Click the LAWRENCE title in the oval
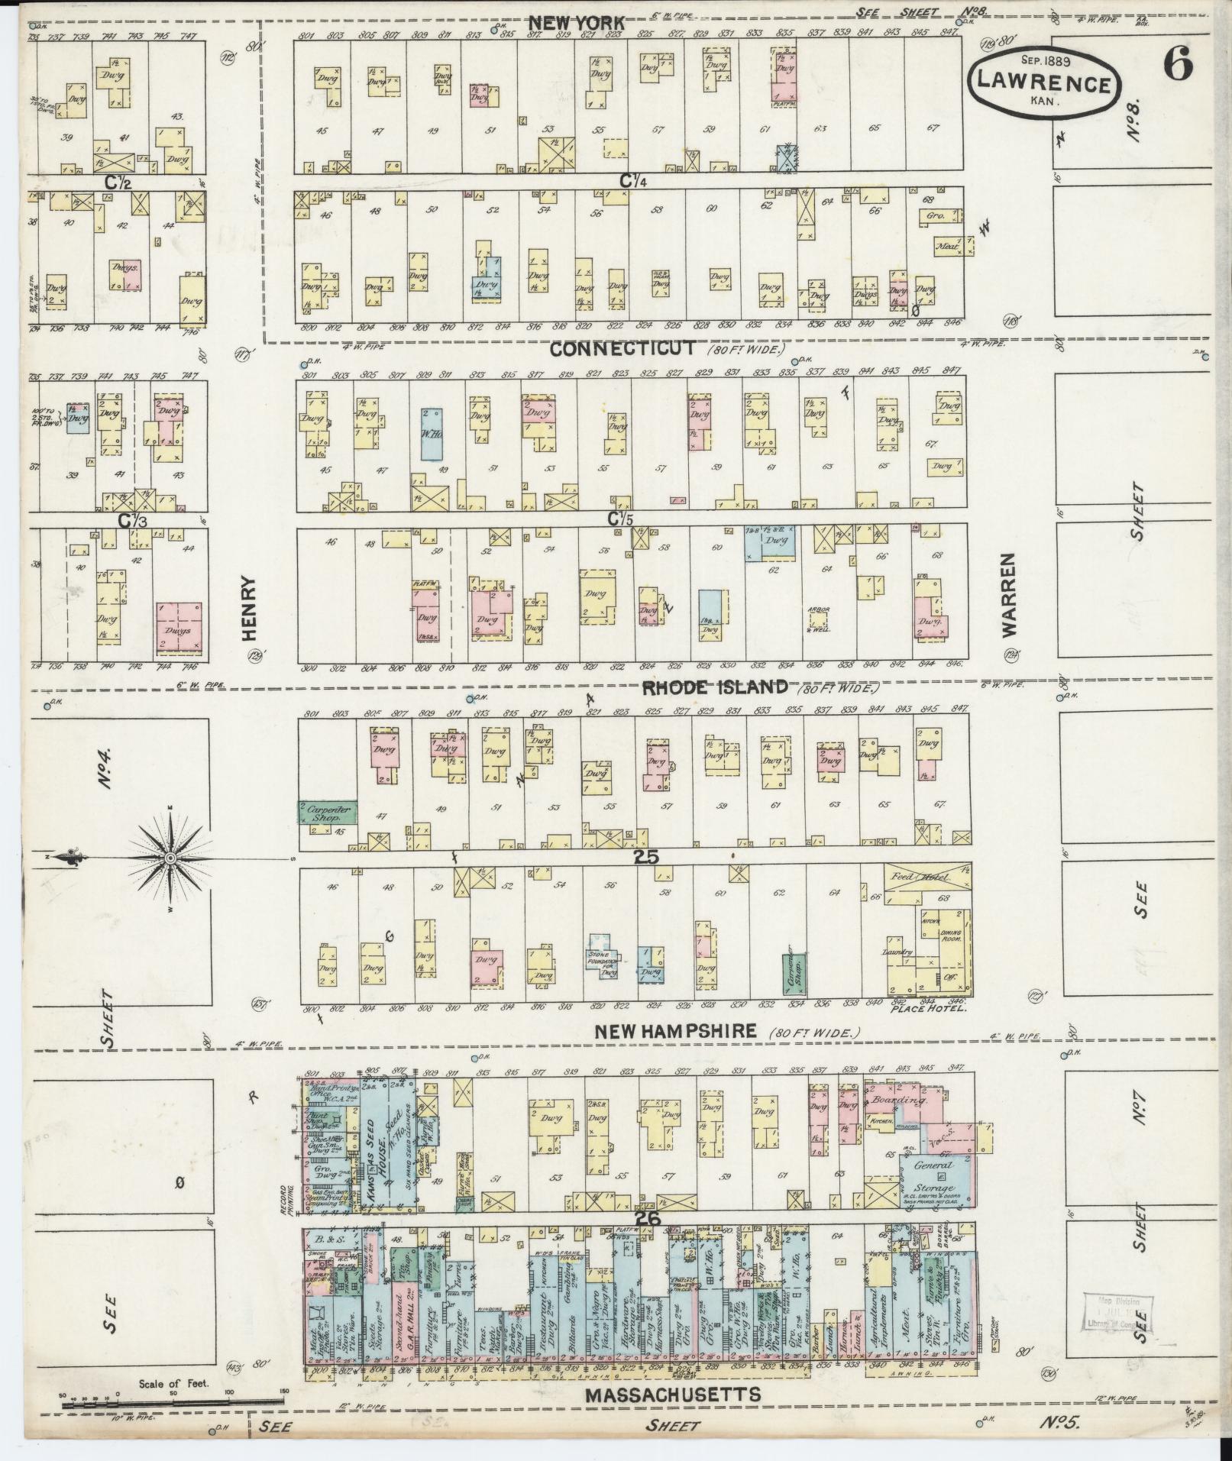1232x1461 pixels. pos(1044,85)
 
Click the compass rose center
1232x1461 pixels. pos(170,859)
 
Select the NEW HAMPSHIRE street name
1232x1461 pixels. pos(675,1031)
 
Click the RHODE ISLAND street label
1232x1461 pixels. pos(715,687)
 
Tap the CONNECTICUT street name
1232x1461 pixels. pos(622,349)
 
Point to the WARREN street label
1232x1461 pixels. pos(1011,596)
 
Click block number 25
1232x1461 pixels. pos(645,858)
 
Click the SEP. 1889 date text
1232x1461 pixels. pos(1043,60)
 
